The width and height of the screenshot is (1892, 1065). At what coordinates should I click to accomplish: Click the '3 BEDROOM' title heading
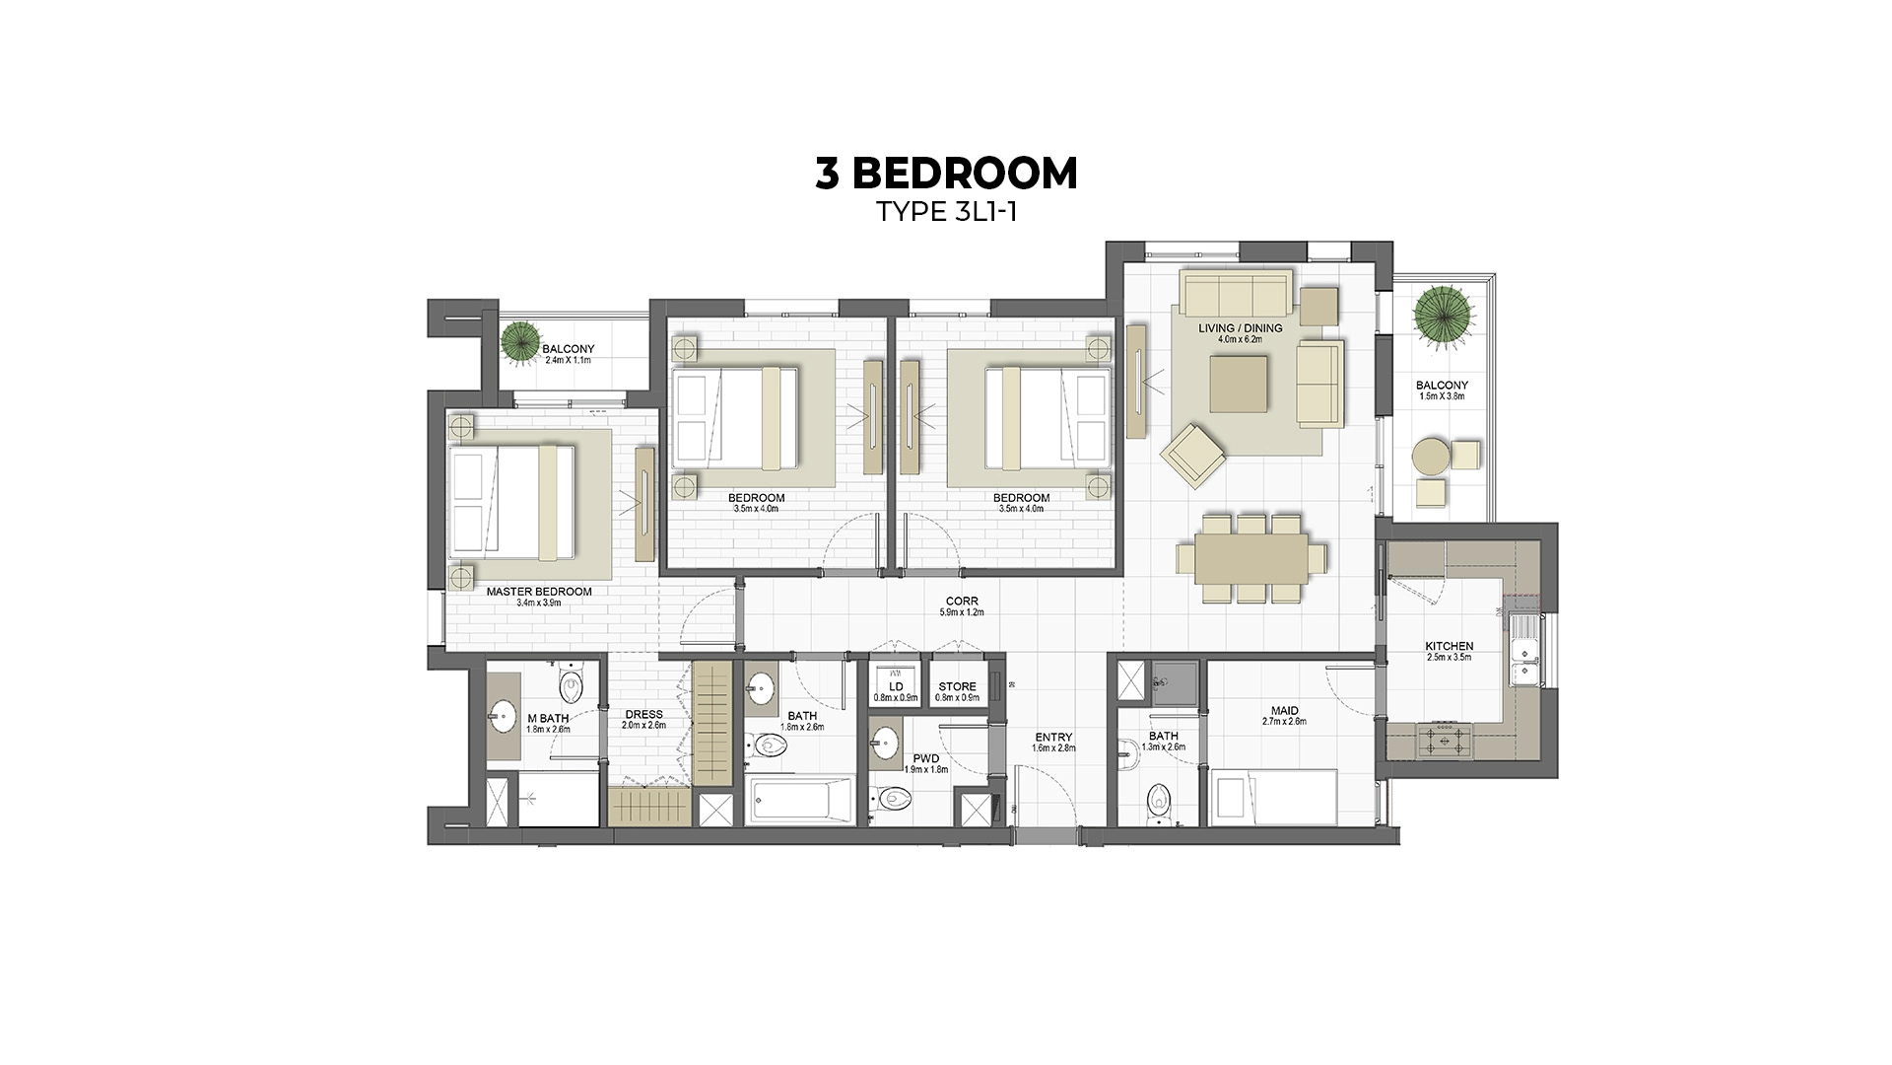pyautogui.click(x=946, y=174)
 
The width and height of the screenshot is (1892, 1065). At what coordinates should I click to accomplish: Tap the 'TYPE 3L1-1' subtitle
pyautogui.click(x=946, y=213)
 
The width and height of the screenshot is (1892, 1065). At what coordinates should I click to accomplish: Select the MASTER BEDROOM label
pyautogui.click(x=539, y=593)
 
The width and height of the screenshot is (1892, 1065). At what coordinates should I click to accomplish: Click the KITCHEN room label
pyautogui.click(x=1449, y=647)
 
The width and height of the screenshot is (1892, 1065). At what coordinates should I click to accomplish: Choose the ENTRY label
pyautogui.click(x=1053, y=738)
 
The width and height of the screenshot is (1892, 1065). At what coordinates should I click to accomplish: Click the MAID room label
pyautogui.click(x=1284, y=711)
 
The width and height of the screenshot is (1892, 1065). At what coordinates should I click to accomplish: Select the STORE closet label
pyautogui.click(x=957, y=687)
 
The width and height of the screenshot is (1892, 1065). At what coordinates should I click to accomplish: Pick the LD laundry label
pyautogui.click(x=896, y=687)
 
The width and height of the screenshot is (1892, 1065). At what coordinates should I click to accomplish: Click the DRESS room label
pyautogui.click(x=643, y=715)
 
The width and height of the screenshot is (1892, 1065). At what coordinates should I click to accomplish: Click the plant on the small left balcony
pyautogui.click(x=519, y=340)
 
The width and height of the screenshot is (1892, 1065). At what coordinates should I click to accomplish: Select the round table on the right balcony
pyautogui.click(x=1430, y=457)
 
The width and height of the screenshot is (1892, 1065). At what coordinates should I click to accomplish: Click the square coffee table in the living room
pyautogui.click(x=1240, y=384)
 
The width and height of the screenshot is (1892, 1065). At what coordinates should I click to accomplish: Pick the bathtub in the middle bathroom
pyautogui.click(x=800, y=801)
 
